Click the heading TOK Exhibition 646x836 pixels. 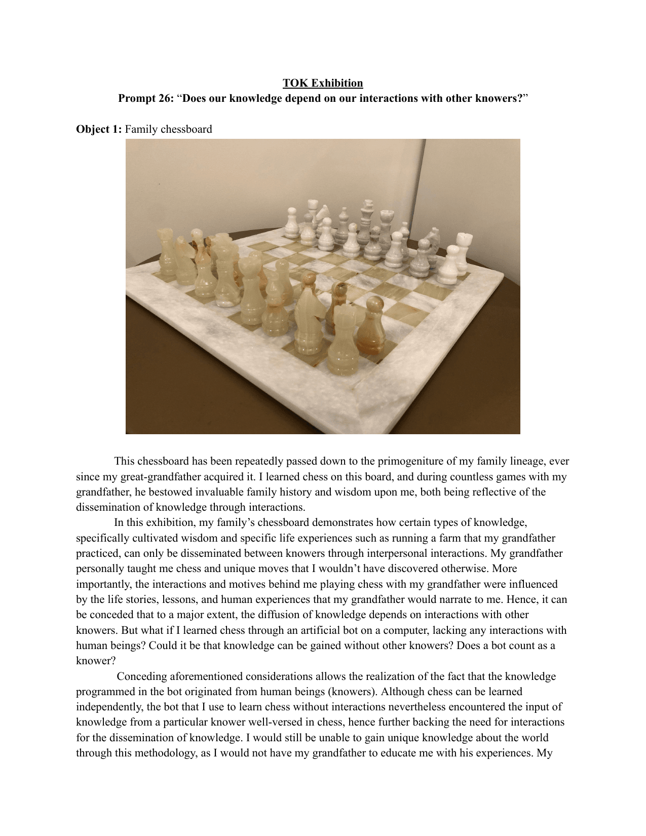(323, 83)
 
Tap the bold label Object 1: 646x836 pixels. (99, 129)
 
